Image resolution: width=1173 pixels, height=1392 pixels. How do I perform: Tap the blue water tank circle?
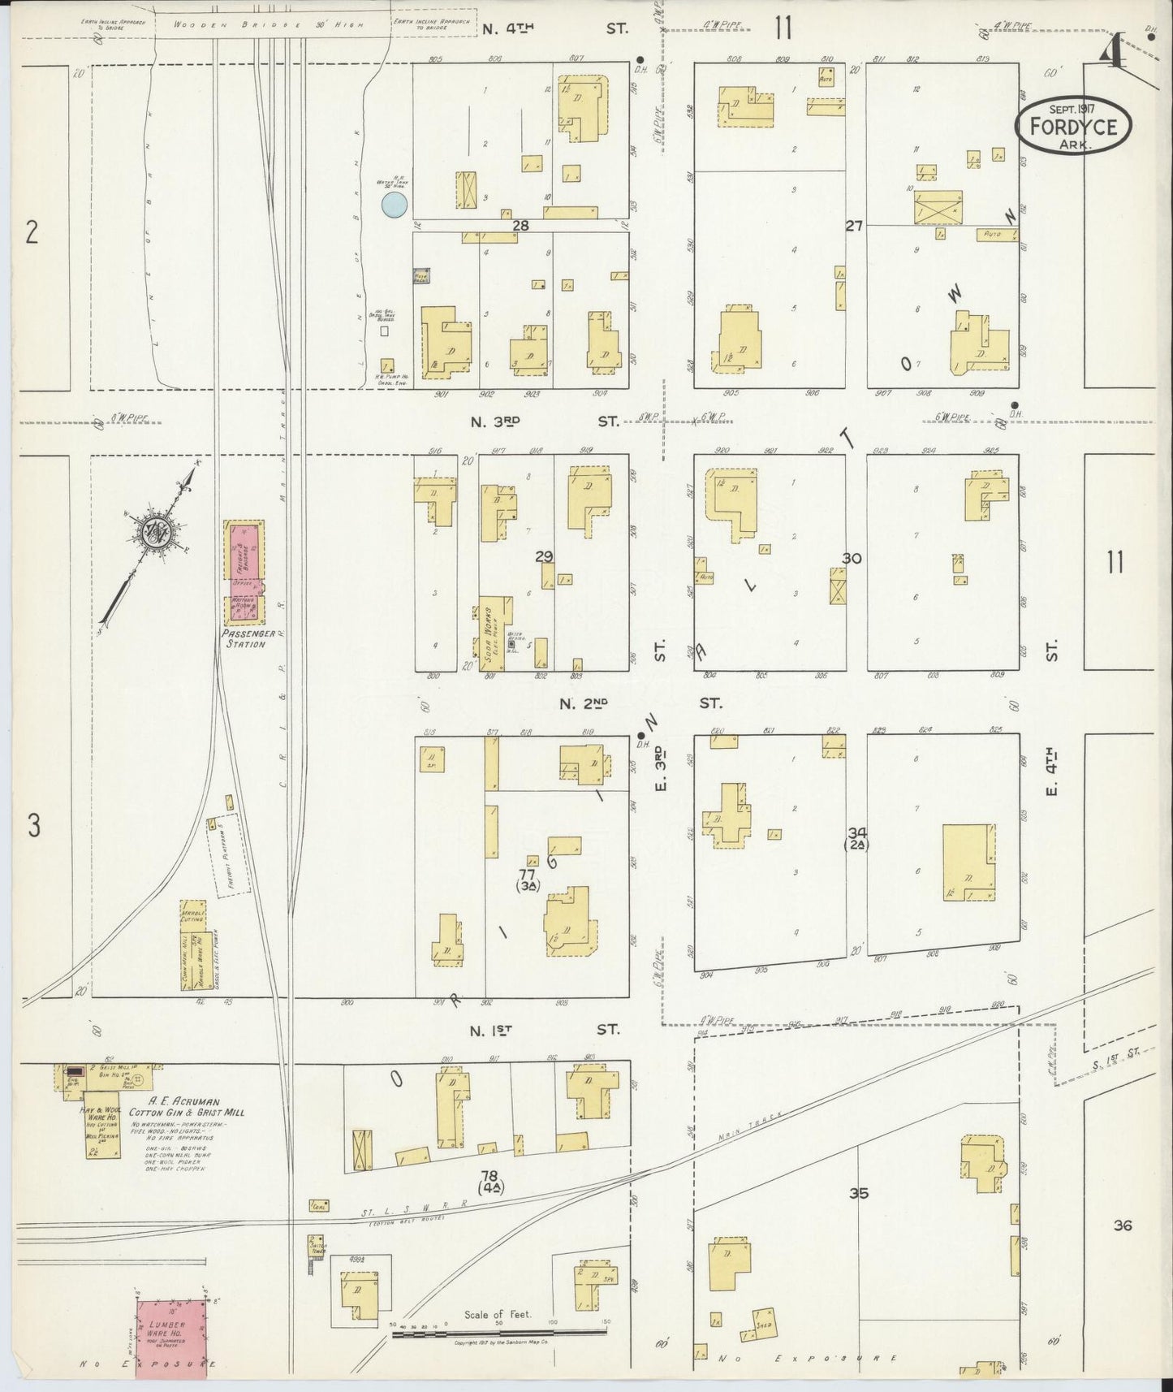coord(395,204)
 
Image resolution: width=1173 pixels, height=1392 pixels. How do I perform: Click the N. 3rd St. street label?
coord(549,421)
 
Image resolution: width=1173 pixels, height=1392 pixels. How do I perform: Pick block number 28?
coord(520,226)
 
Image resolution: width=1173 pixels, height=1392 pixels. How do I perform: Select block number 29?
coord(544,556)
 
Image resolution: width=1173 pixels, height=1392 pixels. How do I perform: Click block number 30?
coord(852,558)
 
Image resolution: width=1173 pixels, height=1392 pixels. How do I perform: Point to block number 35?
coord(859,1193)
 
